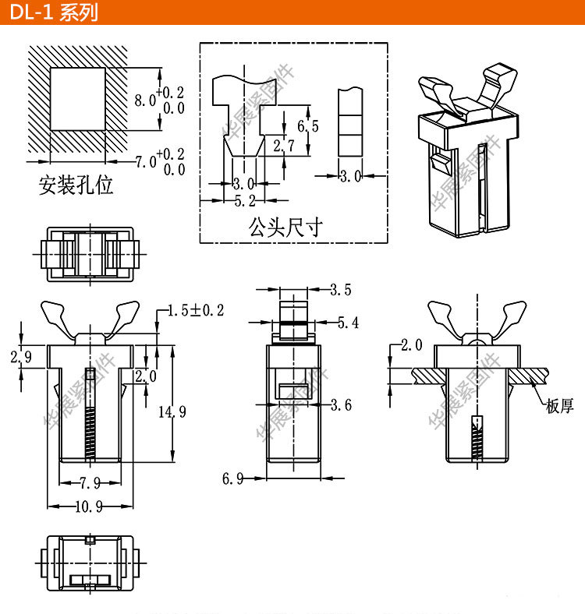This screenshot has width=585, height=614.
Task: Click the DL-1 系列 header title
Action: (55, 13)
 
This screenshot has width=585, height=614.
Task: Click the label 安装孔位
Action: (76, 185)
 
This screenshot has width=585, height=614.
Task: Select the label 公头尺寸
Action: (285, 227)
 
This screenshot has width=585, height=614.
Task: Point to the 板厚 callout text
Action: (559, 405)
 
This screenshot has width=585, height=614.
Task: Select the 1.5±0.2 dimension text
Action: (196, 311)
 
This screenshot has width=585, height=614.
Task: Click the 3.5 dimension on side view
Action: (341, 291)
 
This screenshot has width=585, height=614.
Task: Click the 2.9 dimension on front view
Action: (20, 358)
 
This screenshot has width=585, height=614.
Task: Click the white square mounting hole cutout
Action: (77, 98)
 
